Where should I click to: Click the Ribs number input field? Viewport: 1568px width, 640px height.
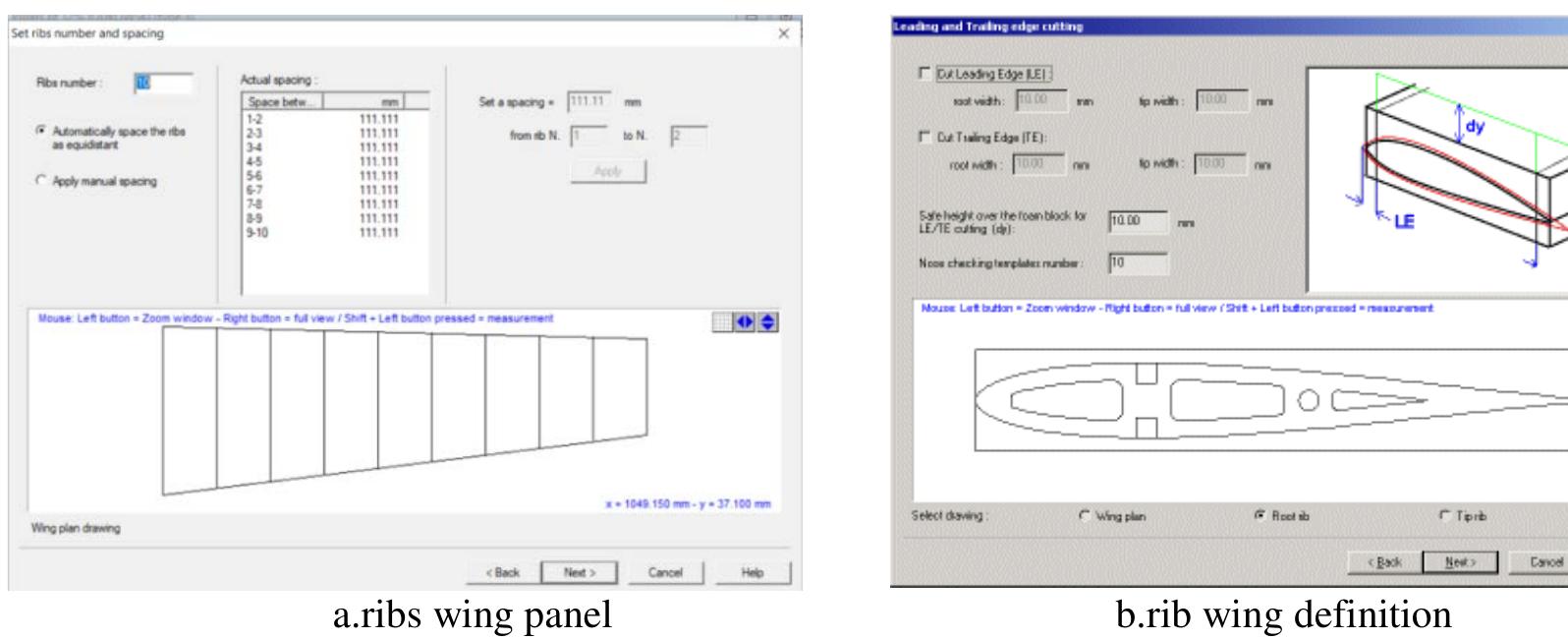[163, 84]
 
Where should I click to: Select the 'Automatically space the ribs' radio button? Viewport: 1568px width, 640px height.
[41, 131]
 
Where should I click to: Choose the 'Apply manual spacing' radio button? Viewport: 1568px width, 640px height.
[41, 181]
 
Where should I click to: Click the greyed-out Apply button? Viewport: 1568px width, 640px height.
[608, 171]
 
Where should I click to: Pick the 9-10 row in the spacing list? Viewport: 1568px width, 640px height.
[257, 233]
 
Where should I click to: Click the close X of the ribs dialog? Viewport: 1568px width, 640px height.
[783, 33]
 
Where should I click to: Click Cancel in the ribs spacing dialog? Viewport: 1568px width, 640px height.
[665, 572]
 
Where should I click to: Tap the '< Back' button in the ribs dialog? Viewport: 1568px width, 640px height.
[503, 572]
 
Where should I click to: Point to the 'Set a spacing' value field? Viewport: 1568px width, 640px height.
[589, 101]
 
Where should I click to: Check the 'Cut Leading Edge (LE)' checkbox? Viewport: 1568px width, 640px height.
[924, 74]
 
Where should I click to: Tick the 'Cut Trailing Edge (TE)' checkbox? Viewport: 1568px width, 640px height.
[924, 137]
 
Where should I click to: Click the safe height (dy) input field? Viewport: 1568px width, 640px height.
[1138, 222]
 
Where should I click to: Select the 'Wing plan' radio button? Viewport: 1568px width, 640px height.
[1085, 516]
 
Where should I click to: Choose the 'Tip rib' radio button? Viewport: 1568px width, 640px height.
[1444, 516]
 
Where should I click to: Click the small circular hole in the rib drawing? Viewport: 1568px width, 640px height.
[1308, 400]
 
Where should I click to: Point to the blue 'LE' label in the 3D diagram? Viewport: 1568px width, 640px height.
[1404, 222]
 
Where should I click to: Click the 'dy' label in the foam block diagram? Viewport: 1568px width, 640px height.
[1475, 127]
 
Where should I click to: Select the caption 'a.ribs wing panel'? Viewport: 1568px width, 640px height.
[472, 614]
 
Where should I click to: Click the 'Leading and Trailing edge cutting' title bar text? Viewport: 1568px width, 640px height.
[987, 27]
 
